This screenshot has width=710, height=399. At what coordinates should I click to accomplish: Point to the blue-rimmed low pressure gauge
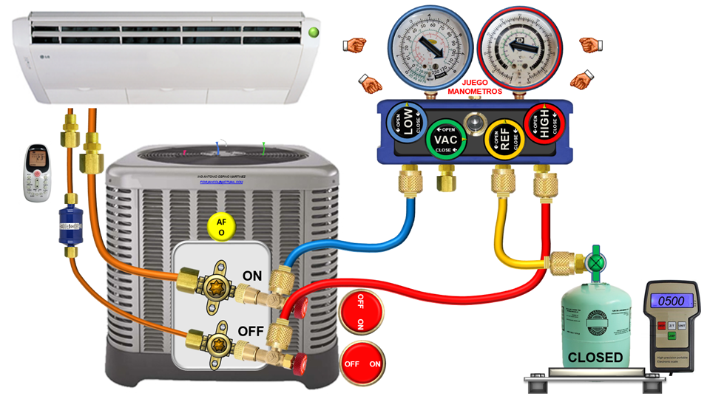click(x=422, y=44)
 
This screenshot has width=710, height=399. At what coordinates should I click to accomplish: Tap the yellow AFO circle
click(x=220, y=227)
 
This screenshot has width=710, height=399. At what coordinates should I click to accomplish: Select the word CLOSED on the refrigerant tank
click(x=595, y=358)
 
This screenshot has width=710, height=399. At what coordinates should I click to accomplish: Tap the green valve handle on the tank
click(x=595, y=262)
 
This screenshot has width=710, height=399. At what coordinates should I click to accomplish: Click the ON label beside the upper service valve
click(x=252, y=276)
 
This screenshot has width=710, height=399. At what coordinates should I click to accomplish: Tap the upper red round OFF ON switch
click(x=361, y=313)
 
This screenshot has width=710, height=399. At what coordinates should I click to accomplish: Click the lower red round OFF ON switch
click(x=362, y=364)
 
